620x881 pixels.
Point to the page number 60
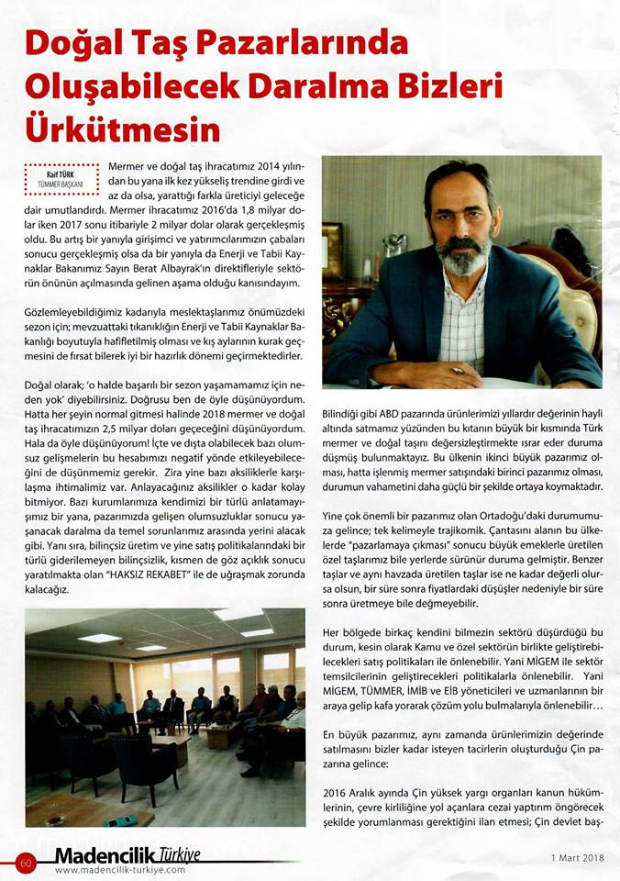(25, 862)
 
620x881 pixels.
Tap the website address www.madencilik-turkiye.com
(120, 870)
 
